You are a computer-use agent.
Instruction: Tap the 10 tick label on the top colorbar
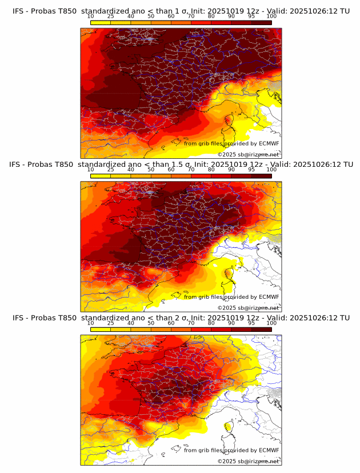pos(91,17)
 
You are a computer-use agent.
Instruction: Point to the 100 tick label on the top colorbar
pos(271,17)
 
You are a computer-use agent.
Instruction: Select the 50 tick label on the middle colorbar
pos(151,170)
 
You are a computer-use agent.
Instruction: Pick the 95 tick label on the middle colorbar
pos(251,170)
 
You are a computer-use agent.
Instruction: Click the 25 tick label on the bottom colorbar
pos(111,323)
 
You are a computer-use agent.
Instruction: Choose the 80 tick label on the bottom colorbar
pos(211,323)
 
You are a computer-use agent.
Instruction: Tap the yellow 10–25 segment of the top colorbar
pos(101,23)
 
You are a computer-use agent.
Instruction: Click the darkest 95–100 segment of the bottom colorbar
pos(261,329)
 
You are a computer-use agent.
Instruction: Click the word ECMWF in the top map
pos(269,143)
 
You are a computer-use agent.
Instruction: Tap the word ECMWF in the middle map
pos(269,296)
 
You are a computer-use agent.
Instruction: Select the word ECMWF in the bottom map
pos(269,450)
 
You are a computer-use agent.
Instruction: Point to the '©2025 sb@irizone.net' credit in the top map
pos(248,155)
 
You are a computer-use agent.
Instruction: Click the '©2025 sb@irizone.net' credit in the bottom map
pos(248,461)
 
